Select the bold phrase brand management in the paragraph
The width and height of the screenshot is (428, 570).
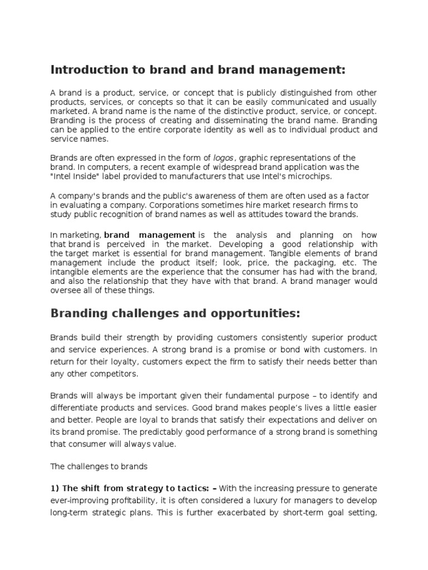(x=149, y=235)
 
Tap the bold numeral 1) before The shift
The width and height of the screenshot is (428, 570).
(x=55, y=488)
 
